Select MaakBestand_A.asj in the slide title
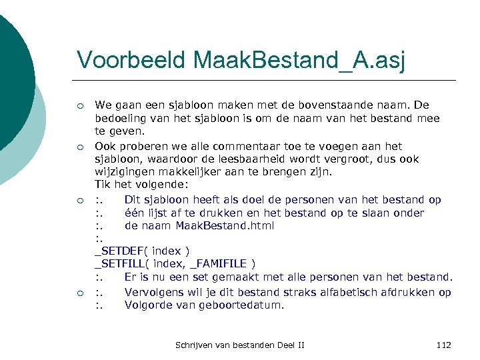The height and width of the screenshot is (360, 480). pyautogui.click(x=299, y=60)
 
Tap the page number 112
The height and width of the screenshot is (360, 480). pyautogui.click(x=443, y=345)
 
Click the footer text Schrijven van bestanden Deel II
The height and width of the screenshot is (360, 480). pyautogui.click(x=239, y=345)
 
